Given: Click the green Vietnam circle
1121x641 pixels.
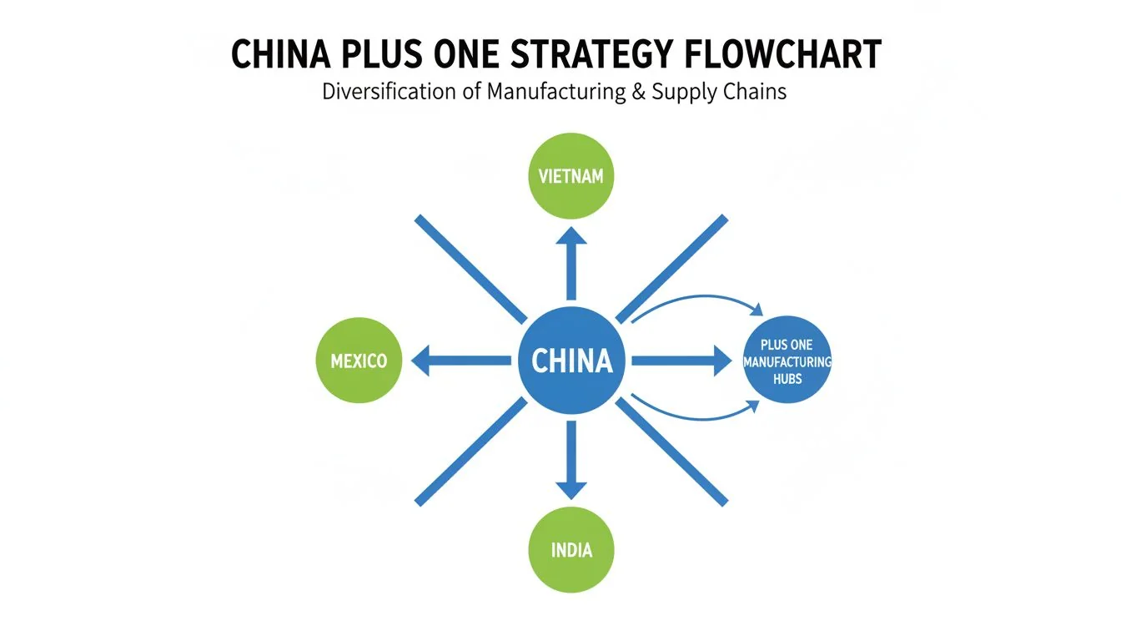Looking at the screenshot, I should point(571,176).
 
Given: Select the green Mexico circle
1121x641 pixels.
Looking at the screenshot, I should point(359,361).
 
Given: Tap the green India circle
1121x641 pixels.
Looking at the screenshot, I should point(571,550).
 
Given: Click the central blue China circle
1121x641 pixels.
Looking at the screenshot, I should point(571,361).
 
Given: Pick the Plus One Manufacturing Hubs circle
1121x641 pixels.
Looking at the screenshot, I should point(787,361).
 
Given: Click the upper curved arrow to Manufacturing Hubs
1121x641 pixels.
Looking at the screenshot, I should point(696,299).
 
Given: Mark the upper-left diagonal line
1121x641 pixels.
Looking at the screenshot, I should point(471,270).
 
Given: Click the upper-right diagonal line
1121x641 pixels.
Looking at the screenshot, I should point(671,270).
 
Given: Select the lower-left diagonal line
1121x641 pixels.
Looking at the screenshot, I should point(471,452).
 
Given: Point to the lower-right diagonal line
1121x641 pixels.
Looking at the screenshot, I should point(671,452).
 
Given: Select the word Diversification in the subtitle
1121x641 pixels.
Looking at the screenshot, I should point(390,91).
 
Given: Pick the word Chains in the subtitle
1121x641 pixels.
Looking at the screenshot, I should point(757,91).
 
